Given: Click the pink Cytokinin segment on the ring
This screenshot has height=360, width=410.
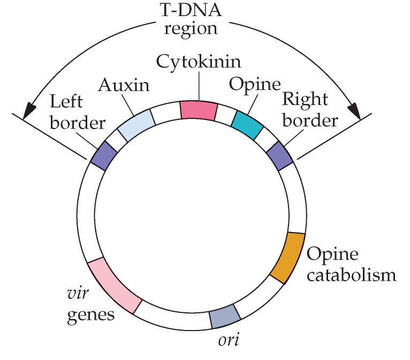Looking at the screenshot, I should tap(199, 110).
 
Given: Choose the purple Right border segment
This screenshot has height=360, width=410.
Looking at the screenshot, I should tap(279, 155).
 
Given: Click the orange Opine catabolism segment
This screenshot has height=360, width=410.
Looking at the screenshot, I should tap(288, 258).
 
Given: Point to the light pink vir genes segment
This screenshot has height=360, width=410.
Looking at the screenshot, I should tap(115, 286).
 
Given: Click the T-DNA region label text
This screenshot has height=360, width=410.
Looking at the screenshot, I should tap(191, 19).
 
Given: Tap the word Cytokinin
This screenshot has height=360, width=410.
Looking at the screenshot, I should tap(199, 61).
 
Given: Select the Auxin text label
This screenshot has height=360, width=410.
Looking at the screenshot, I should tap(124, 85).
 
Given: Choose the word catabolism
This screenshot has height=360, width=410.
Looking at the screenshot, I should tap(351, 275).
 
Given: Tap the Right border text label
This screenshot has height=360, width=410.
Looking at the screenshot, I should tap(310, 110).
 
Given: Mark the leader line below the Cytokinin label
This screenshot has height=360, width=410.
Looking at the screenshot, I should tap(199, 85).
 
